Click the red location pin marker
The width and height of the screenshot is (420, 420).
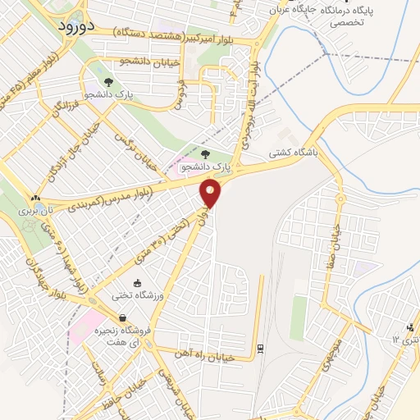pyautogui.click(x=211, y=194)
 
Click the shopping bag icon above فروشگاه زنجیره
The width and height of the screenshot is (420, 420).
pyautogui.click(x=121, y=317)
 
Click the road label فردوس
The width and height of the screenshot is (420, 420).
pyautogui.click(x=176, y=94)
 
